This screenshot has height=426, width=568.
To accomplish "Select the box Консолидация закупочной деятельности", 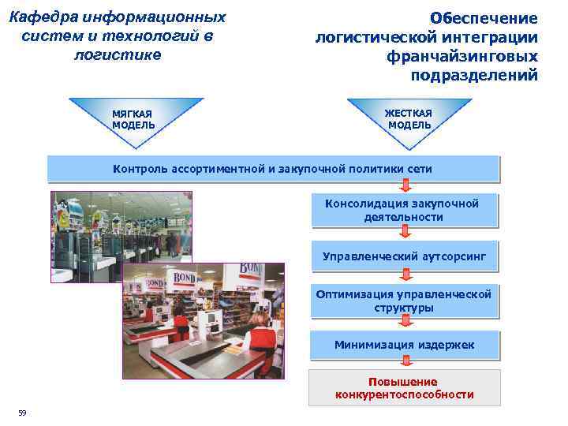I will (x=404, y=210).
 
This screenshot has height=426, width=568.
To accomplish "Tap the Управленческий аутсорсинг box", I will (x=404, y=256).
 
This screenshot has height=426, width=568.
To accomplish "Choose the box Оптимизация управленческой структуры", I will (x=404, y=301).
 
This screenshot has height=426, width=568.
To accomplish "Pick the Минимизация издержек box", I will (x=404, y=345).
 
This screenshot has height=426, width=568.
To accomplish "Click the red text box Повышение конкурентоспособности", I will (x=404, y=388).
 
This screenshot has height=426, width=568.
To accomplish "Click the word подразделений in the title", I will (x=474, y=76).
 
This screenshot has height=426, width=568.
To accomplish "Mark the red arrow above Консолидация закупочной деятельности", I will (x=405, y=185).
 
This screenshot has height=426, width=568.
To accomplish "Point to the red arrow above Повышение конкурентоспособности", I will (x=405, y=363).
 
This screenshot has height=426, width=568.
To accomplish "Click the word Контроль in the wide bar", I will (x=138, y=169).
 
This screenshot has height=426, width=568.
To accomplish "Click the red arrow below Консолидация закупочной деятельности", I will (x=405, y=230).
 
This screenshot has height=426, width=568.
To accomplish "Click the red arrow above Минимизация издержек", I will (x=405, y=321).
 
